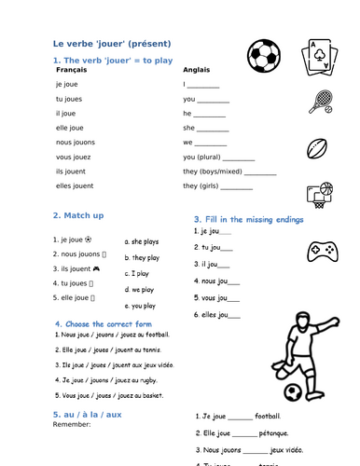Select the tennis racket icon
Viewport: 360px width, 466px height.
pyautogui.click(x=320, y=100)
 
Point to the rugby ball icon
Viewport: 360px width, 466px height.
pyautogui.click(x=319, y=148)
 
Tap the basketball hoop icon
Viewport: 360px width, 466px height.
pyautogui.click(x=320, y=194)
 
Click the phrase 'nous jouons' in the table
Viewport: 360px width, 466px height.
pyautogui.click(x=75, y=143)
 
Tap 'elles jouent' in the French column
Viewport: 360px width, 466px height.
pyautogui.click(x=76, y=186)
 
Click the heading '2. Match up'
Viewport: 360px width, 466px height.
pyautogui.click(x=78, y=215)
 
